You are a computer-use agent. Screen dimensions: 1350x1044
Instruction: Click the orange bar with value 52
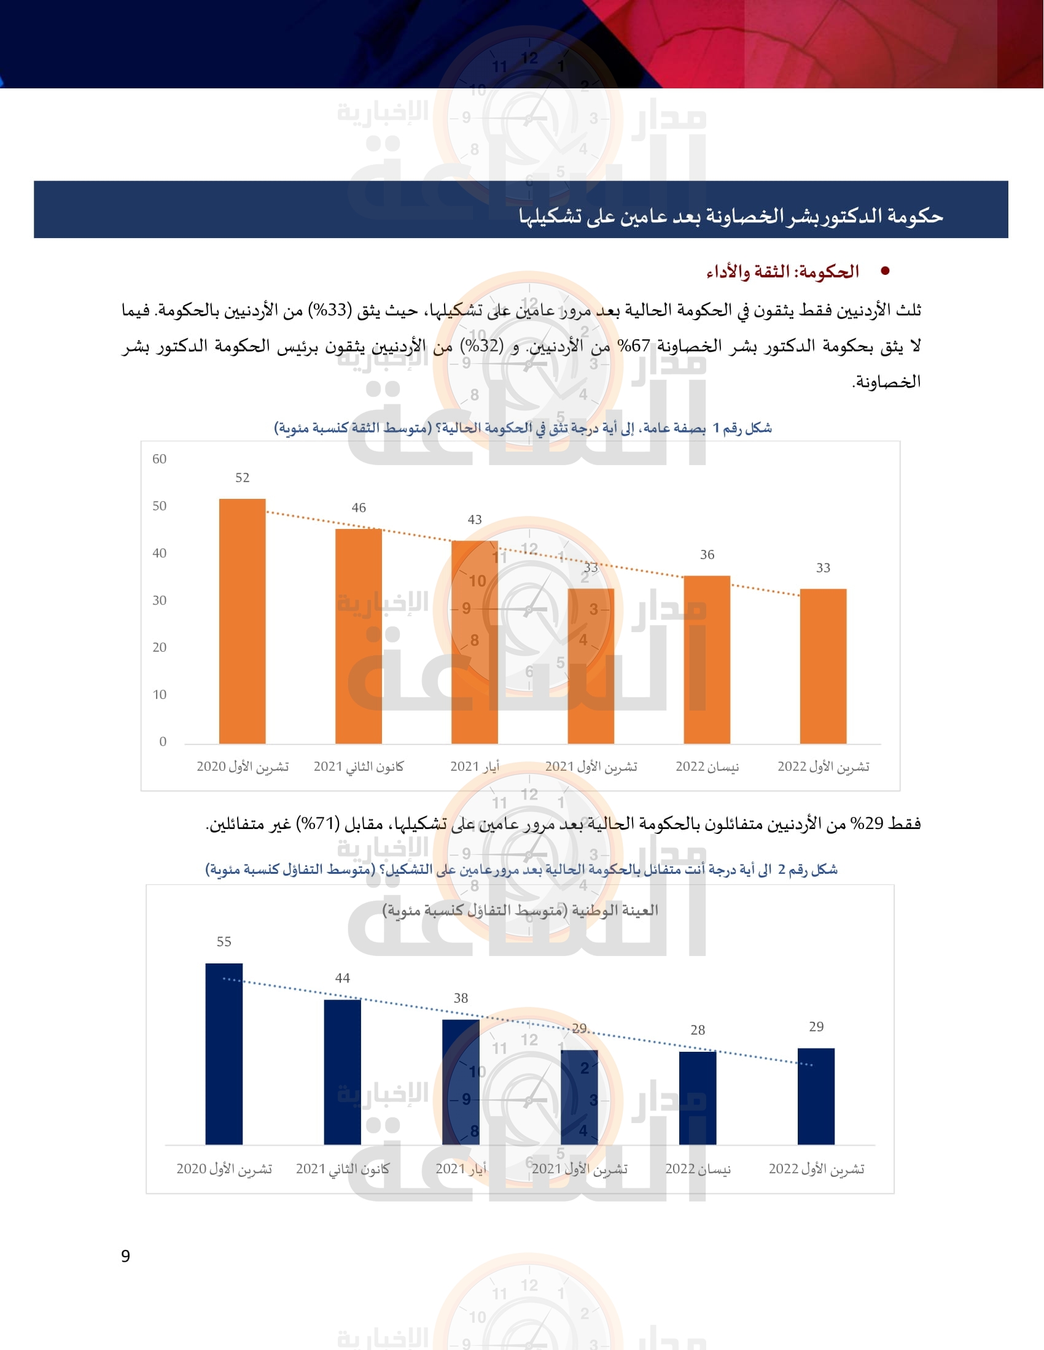point(243,620)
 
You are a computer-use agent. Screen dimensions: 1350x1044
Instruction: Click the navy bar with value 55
point(224,1053)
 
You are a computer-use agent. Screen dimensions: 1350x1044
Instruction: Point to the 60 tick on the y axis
point(160,458)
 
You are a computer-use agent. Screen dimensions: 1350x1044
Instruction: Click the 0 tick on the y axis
point(163,741)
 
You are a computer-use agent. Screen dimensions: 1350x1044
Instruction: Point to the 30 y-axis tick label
point(160,600)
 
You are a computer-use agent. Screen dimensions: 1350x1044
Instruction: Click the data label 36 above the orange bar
point(707,555)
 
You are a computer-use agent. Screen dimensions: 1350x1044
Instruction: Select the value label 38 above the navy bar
point(461,998)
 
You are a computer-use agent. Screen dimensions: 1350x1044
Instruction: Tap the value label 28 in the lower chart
point(698,1030)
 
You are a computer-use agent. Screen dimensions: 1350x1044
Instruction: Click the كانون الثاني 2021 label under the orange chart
point(359,766)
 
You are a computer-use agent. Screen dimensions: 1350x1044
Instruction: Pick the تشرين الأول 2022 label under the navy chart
point(816,1168)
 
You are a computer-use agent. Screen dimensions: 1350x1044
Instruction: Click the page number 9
point(125,1256)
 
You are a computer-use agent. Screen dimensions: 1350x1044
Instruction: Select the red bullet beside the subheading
point(885,271)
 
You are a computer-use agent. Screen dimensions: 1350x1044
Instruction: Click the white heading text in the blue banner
point(730,216)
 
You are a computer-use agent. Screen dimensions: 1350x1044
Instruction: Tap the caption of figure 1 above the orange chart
point(523,428)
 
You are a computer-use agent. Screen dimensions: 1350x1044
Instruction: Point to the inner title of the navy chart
point(520,910)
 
